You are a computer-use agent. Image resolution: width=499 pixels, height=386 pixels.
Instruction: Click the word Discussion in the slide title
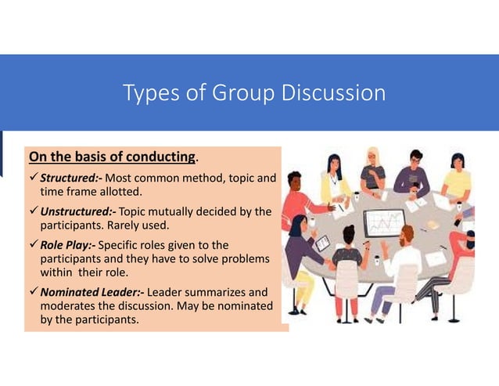[338, 93]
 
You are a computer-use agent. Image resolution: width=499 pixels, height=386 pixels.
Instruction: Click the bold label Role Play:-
[68, 245]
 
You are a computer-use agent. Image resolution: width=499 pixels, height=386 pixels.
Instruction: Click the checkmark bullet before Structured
[33, 178]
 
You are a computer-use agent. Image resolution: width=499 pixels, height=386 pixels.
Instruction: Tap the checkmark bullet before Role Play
[33, 245]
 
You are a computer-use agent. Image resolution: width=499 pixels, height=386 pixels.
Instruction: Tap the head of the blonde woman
[373, 157]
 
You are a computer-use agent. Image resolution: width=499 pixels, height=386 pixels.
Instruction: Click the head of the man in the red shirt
[295, 182]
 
